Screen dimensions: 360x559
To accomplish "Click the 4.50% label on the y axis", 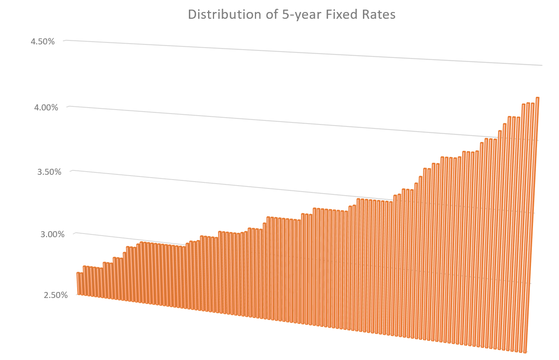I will [x=42, y=42].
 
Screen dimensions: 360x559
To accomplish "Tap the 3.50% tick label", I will [x=49, y=172].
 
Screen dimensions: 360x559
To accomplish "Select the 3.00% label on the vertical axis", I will [x=52, y=234].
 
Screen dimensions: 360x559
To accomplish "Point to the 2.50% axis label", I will [x=56, y=296].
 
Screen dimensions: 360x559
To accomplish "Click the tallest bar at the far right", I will [x=532, y=224].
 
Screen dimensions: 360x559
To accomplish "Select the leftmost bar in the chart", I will [x=78, y=284].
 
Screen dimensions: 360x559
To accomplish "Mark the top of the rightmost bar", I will [x=537, y=98].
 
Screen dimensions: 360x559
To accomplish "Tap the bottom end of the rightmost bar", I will [x=525, y=352].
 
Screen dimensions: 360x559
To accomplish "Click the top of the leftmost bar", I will [x=78, y=273].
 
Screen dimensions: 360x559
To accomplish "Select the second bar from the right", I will [x=528, y=224].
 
